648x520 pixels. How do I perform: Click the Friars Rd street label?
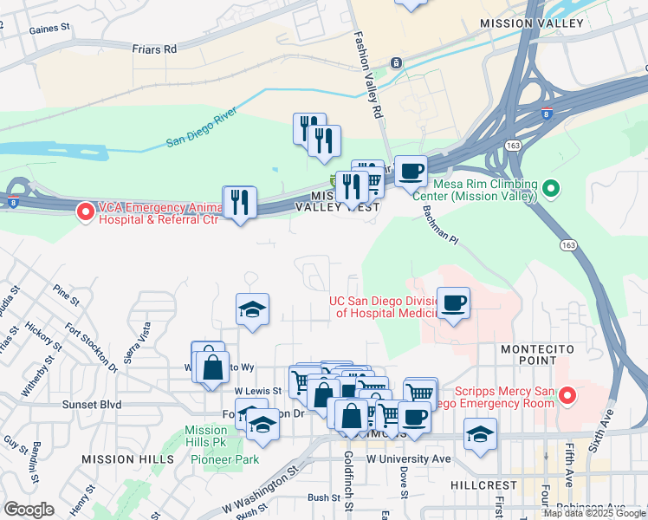point(155,49)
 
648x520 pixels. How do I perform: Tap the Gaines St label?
point(49,29)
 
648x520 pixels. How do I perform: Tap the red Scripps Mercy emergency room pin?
point(567,396)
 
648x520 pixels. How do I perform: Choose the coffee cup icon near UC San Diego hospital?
point(454,303)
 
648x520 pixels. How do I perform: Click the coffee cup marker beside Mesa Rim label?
point(411,170)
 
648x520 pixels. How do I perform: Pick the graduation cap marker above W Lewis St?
point(252,309)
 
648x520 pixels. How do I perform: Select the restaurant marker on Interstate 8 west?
point(239,202)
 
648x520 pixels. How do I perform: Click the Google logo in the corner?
point(29,510)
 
